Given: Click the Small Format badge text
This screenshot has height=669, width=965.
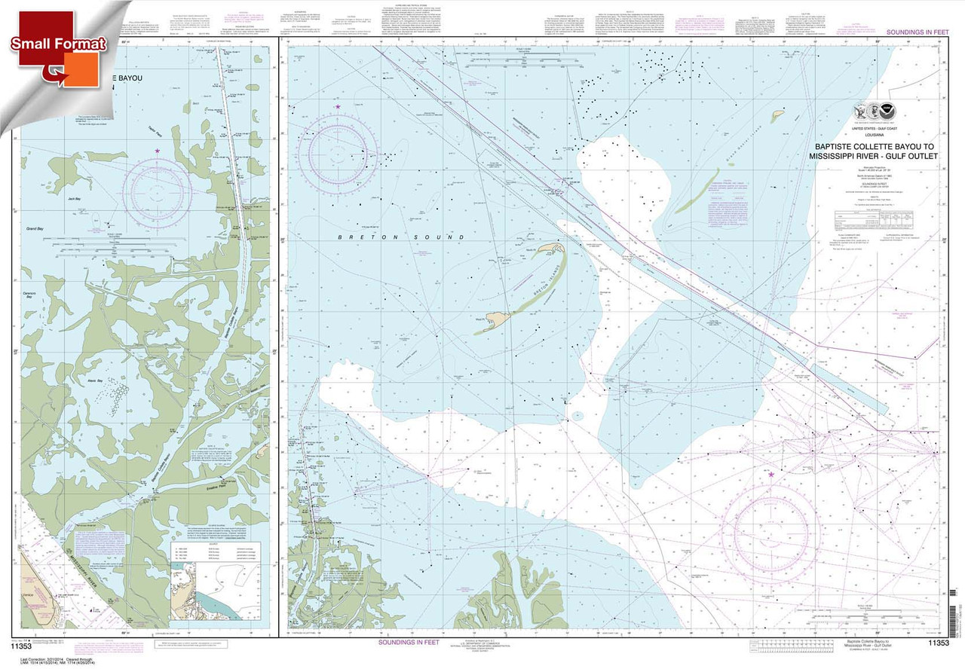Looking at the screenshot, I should click(x=57, y=43).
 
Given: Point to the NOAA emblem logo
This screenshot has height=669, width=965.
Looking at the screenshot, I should click(x=890, y=111).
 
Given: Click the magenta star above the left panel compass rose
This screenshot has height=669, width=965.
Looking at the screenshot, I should click(x=157, y=151).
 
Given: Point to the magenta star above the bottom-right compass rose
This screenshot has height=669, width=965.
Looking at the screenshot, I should click(x=770, y=474).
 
